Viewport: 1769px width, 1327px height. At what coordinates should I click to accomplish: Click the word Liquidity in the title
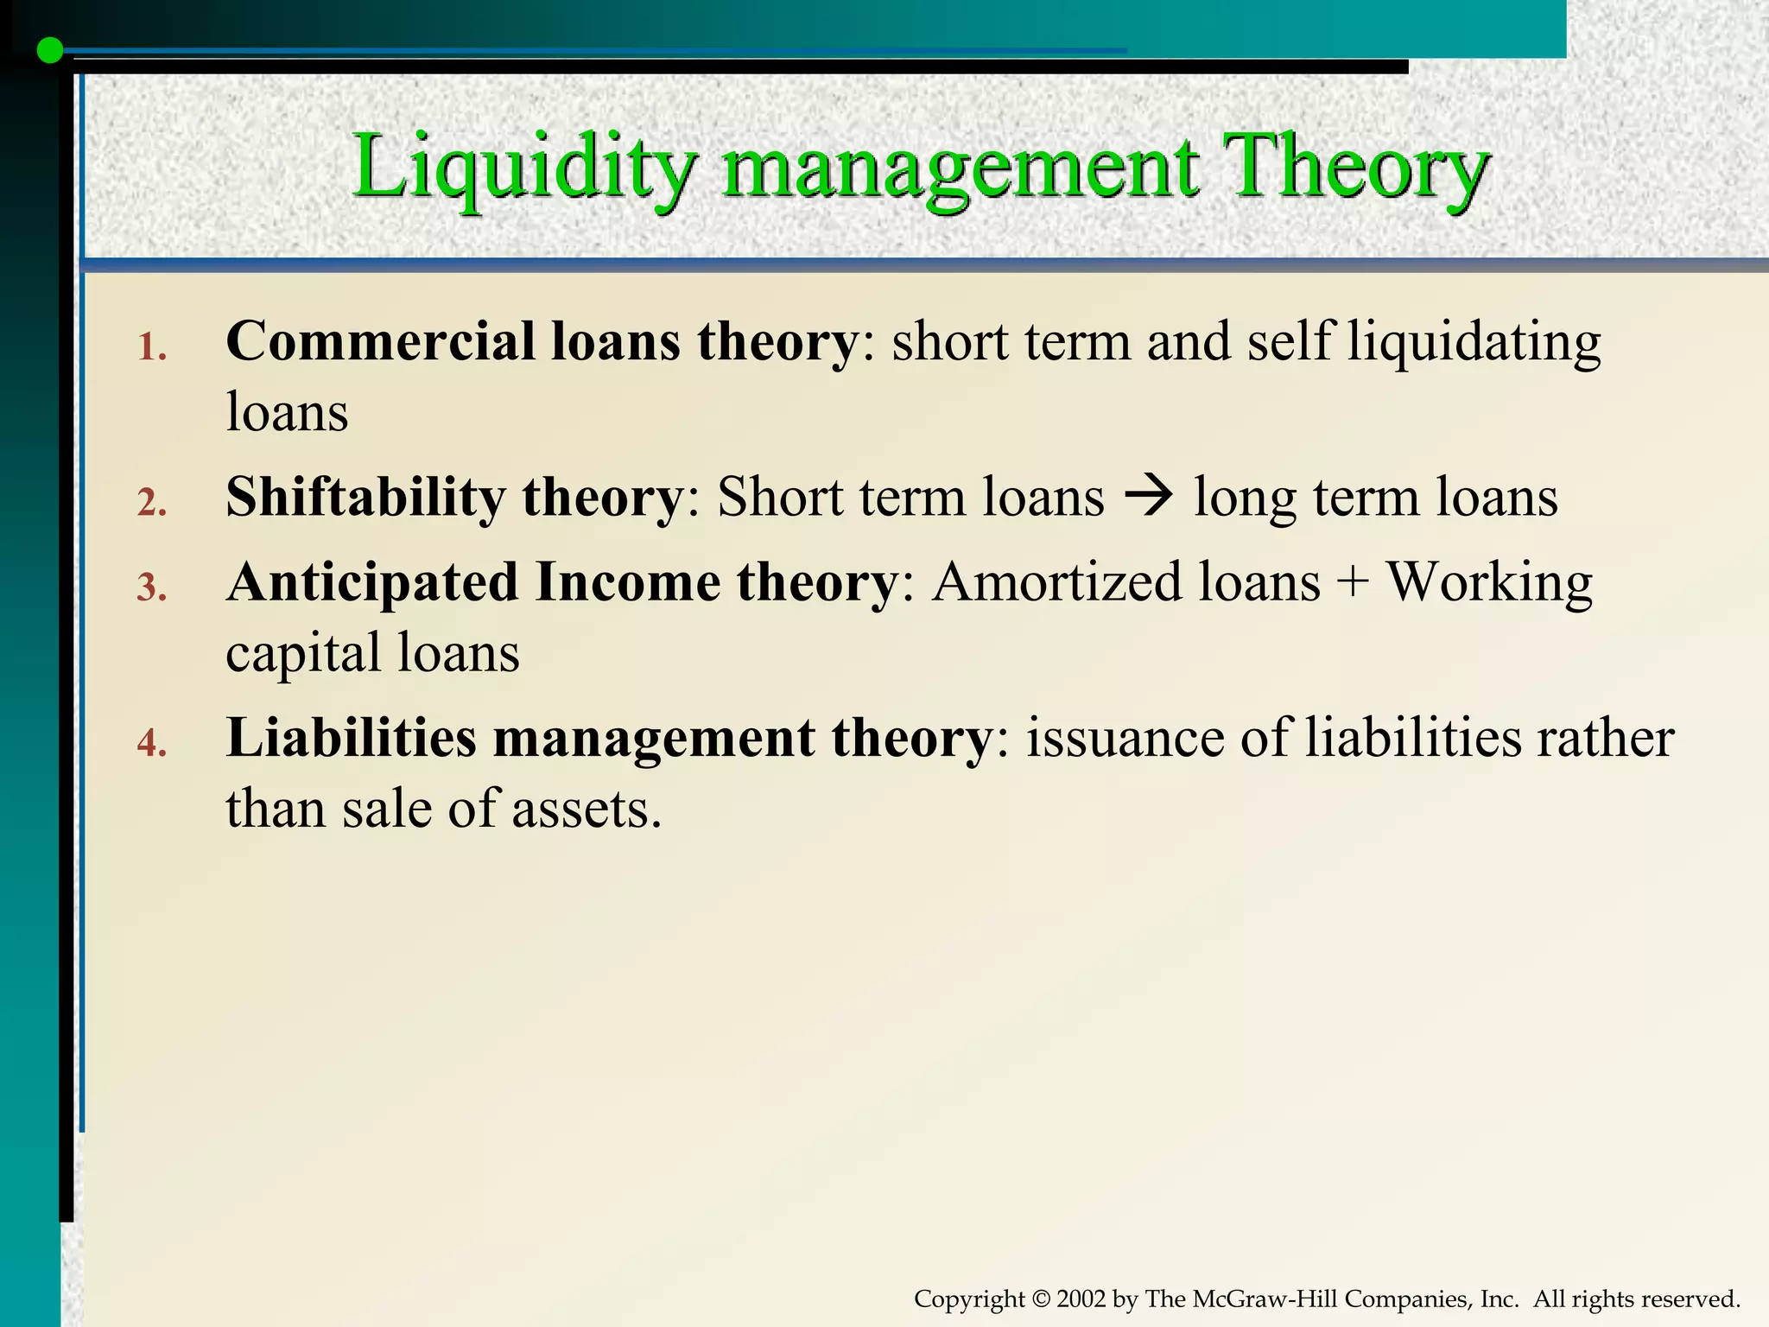point(523,167)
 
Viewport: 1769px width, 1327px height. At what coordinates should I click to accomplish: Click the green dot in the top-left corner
point(50,51)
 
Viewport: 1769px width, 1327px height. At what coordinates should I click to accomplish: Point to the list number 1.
point(151,348)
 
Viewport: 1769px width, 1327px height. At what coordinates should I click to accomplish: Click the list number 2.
point(151,503)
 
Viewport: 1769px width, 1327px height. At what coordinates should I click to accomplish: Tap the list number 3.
point(151,588)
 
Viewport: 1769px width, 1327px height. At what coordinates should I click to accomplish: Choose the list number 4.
point(151,743)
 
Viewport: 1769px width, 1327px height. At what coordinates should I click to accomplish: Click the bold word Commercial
point(380,341)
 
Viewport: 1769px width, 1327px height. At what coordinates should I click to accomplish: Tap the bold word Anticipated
point(371,582)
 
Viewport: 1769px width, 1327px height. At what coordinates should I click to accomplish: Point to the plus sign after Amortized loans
point(1353,584)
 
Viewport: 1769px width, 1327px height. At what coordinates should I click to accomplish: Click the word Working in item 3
point(1489,584)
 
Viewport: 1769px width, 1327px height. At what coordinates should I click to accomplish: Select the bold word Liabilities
point(351,738)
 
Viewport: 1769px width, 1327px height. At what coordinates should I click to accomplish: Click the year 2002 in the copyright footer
point(1081,1299)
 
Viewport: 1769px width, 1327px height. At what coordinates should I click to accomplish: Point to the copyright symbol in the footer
point(1041,1299)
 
